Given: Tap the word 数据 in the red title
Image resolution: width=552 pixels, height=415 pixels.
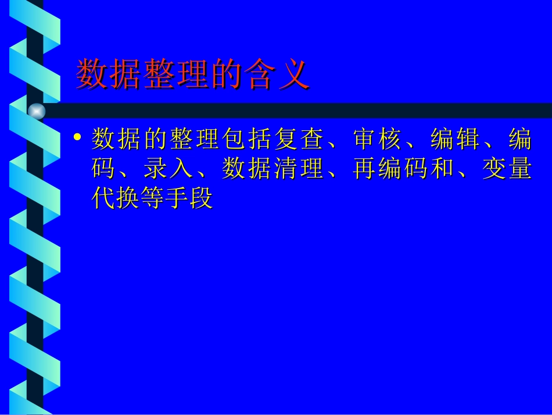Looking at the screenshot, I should pyautogui.click(x=109, y=75).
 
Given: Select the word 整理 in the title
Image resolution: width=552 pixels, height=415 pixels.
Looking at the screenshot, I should pyautogui.click(x=174, y=75).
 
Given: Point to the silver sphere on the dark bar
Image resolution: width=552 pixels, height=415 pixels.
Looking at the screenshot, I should pyautogui.click(x=37, y=111).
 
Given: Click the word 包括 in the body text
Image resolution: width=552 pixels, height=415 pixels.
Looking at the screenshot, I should pyautogui.click(x=248, y=140).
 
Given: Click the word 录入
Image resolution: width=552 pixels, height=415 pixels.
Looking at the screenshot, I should pyautogui.click(x=169, y=169).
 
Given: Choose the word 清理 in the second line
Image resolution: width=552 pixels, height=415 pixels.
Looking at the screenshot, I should pyautogui.click(x=299, y=169).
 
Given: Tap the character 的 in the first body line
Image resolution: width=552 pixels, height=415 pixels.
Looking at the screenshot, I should pyautogui.click(x=156, y=140).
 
